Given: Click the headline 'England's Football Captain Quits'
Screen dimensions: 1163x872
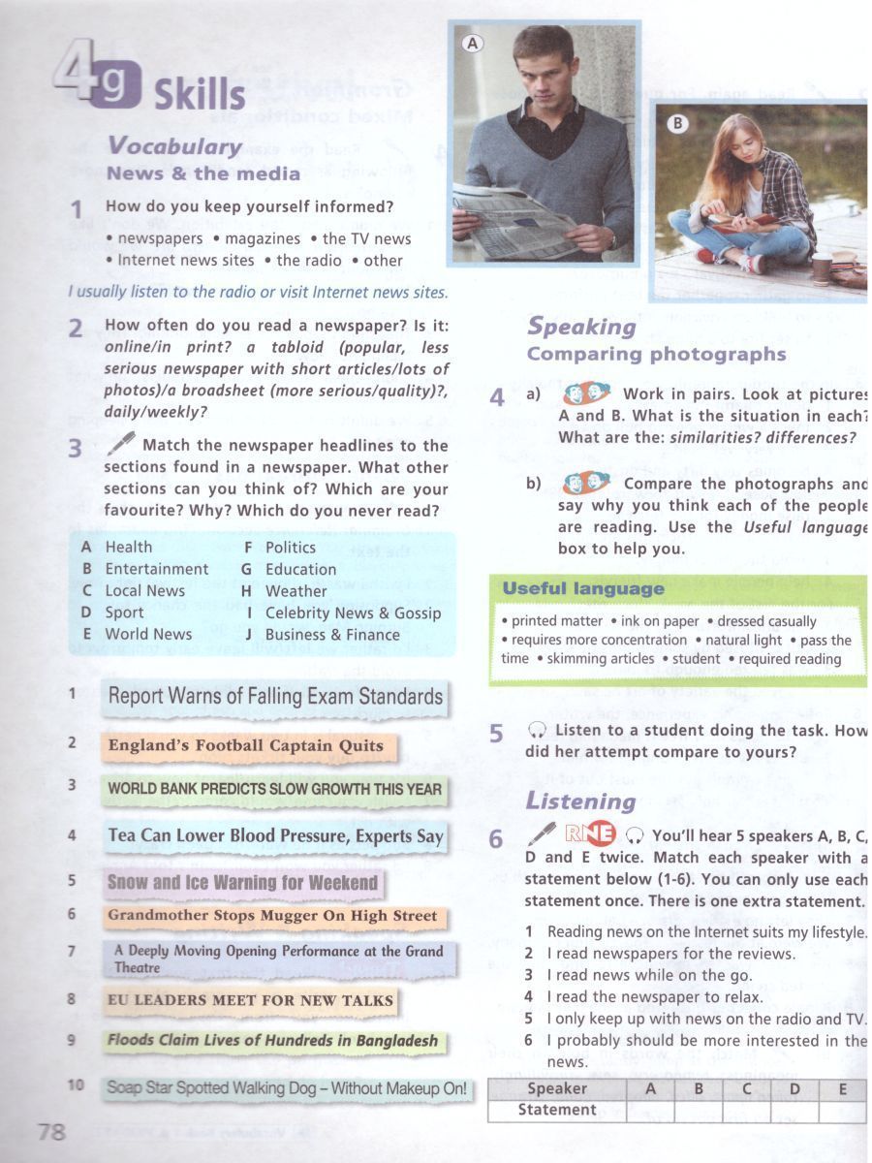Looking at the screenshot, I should point(245,746).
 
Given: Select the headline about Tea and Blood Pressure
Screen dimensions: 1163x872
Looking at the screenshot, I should point(275,836).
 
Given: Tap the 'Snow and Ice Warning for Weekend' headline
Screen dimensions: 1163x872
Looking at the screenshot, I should point(242,883).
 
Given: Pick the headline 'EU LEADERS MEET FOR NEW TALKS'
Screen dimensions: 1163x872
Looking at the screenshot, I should point(250,1000).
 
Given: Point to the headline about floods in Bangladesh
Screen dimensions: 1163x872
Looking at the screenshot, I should point(272,1041).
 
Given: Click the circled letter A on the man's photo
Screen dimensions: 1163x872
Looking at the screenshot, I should point(473,43).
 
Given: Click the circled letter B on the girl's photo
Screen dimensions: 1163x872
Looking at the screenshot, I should point(678,123).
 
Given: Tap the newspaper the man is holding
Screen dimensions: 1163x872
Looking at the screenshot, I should point(514,223).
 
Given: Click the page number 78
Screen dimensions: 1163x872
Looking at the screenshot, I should point(51,1131).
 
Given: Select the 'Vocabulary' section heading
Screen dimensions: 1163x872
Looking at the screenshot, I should point(174,146).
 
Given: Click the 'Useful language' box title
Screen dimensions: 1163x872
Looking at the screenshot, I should point(582,589).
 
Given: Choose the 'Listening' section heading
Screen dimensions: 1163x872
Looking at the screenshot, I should point(580,802).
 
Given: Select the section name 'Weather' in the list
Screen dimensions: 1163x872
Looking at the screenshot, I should point(296,591).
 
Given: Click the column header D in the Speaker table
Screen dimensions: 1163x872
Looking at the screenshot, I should point(794,1088).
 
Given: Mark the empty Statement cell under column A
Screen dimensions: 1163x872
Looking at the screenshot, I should point(651,1111).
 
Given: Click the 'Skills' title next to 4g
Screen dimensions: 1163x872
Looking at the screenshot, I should point(199,95).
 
